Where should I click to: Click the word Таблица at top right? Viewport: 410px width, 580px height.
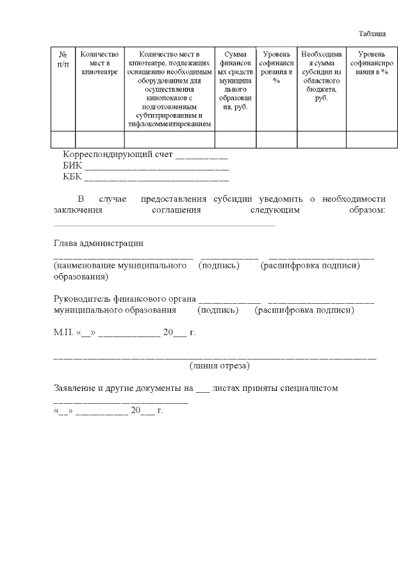372,33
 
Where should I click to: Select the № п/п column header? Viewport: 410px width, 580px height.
63,60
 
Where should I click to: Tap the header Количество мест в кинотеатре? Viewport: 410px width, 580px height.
99,64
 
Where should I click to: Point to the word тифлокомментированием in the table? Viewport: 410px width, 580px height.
169,124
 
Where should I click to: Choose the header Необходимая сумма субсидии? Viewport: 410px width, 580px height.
321,77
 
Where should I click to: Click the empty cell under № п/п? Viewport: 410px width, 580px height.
63,139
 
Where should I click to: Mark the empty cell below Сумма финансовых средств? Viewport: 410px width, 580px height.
235,139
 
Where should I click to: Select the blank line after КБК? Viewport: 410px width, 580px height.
156,177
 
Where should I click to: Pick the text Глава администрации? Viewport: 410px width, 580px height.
98,243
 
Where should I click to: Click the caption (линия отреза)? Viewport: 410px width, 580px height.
220,365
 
